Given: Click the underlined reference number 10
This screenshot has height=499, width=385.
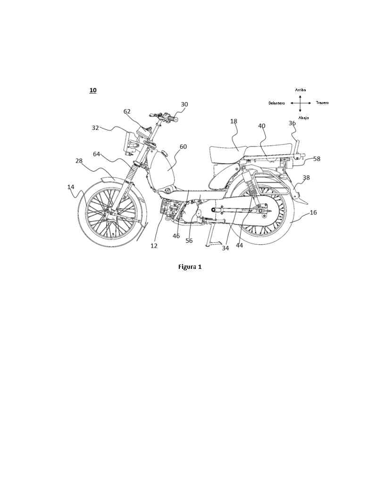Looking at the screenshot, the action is tap(93, 90).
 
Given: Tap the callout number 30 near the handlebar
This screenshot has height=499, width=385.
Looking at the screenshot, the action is tap(184, 104).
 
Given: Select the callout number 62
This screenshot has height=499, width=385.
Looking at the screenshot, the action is tap(127, 112).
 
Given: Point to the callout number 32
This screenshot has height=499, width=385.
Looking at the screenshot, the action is tap(95, 128).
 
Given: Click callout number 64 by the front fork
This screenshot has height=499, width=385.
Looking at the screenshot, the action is tap(97, 154).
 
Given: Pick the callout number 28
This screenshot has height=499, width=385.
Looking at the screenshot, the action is tap(79, 161).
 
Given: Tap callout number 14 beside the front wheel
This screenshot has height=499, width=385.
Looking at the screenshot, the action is tap(70, 187).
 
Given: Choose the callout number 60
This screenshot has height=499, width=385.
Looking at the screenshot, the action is tap(183, 146).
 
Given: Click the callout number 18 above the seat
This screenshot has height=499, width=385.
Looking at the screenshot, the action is tap(234, 121).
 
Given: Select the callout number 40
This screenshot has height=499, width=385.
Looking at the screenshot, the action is tap(261, 126).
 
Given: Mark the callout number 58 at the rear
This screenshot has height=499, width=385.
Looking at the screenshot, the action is tap(317, 158).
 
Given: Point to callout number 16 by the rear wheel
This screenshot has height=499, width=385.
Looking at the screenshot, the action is tap(313, 212).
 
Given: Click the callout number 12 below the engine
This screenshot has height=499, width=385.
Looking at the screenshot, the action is tap(154, 246).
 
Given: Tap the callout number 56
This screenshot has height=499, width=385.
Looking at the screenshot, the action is tap(189, 241).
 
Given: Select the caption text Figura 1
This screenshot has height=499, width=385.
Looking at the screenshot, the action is tap(190, 267).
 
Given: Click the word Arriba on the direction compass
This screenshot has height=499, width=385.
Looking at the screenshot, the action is tap(301, 90).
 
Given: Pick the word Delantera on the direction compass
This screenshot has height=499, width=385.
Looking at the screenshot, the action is tap(276, 103).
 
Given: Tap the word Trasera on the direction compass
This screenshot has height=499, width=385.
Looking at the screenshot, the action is tap(322, 103).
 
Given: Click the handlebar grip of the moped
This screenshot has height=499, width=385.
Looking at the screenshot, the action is tap(174, 120).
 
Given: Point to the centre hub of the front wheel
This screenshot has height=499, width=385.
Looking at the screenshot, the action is tap(109, 211).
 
